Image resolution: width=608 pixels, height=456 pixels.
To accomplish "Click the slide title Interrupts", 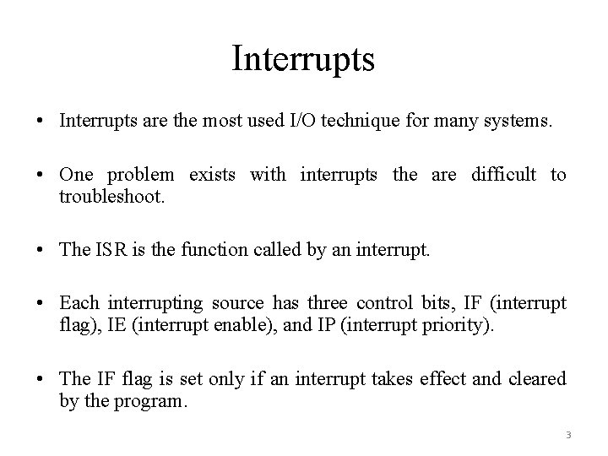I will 303,60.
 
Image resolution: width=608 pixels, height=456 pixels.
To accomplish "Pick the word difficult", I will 503,175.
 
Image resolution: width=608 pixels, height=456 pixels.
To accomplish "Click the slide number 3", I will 568,436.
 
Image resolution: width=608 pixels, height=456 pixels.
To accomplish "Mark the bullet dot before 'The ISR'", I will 41,248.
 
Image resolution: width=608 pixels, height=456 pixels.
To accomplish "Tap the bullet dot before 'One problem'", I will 41,176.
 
